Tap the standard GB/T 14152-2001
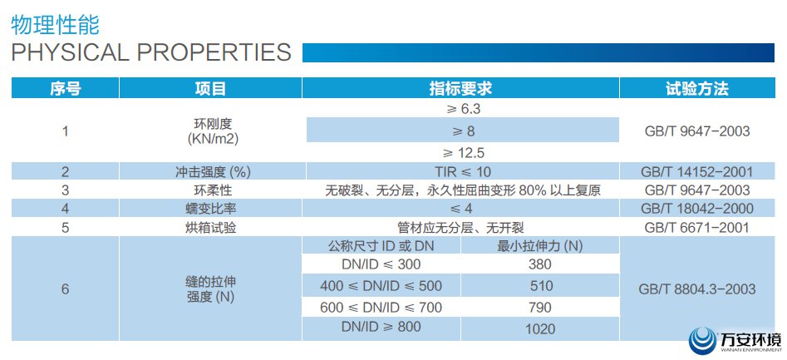coord(697,172)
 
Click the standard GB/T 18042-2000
coord(697,208)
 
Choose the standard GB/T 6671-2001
coord(697,226)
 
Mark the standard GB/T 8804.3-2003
coord(697,290)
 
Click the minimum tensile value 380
coord(540,264)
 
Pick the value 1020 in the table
coord(540,328)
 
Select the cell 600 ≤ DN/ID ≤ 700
coord(381,308)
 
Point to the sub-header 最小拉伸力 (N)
coord(540,245)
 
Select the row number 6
coord(65,290)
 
